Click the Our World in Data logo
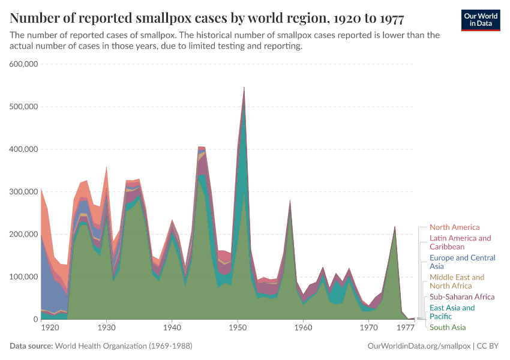pos(481,20)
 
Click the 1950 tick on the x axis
pos(238,328)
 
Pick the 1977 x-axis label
pos(406,328)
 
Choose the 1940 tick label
pos(172,328)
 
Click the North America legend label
pos(454,227)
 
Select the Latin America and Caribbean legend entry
pos(460,242)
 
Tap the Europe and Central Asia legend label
pos(462,262)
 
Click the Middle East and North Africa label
pos(457,281)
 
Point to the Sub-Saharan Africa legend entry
pos(462,297)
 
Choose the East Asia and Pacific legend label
pos(452,312)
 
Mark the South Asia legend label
pos(448,328)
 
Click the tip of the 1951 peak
pos(244,88)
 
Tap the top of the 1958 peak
pos(290,201)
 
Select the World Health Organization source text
pos(124,346)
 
